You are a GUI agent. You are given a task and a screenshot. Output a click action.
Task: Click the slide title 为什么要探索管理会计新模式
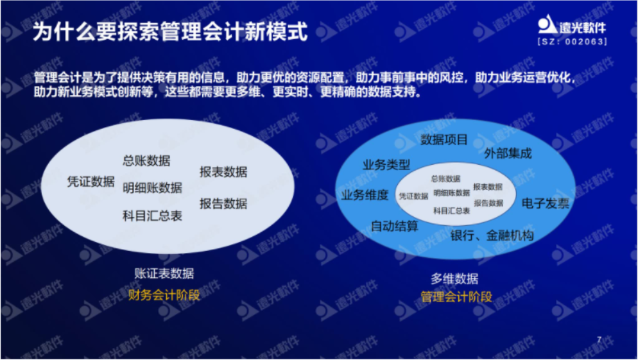click(170, 31)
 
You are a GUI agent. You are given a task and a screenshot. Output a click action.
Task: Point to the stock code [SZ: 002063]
click(572, 42)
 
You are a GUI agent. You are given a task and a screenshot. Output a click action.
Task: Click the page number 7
click(599, 339)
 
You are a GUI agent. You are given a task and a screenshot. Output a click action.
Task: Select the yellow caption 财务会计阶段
click(164, 295)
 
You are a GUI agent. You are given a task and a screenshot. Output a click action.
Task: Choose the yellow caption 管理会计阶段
click(456, 296)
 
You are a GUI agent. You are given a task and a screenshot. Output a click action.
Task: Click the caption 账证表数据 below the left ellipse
click(164, 273)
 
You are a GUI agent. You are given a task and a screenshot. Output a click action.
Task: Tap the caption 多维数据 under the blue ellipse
click(454, 279)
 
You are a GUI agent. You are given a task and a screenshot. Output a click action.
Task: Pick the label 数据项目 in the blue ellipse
click(444, 139)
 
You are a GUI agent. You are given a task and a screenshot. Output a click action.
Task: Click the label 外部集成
click(508, 153)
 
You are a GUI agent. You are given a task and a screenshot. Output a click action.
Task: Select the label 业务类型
click(386, 165)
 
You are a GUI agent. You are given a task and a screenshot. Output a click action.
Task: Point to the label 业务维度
click(365, 195)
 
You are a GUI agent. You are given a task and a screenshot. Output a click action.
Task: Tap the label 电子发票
click(545, 203)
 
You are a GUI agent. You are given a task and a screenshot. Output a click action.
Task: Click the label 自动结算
click(394, 226)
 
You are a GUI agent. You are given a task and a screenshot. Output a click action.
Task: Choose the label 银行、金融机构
click(492, 236)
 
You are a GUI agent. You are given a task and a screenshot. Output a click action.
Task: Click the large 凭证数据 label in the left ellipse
click(91, 182)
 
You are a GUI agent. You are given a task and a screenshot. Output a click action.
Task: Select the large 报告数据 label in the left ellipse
click(223, 203)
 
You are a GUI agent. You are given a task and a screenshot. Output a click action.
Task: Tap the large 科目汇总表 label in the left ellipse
click(153, 216)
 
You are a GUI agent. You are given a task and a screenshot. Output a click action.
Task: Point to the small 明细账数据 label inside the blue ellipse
click(452, 193)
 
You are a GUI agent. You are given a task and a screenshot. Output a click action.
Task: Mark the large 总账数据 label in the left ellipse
click(146, 160)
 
